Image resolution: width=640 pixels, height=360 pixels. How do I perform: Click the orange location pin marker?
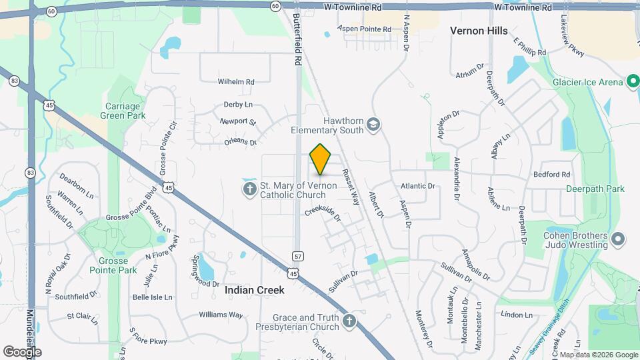pos(321,159)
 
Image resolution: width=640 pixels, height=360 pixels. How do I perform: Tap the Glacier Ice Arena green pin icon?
pos(634,82)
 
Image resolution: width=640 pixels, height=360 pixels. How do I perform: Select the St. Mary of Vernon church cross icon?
pos(250,190)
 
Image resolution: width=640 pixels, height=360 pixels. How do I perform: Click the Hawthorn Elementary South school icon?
pos(373,125)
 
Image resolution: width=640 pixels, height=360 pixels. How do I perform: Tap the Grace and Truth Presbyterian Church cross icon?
pos(349,323)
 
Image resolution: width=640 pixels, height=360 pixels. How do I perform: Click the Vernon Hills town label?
pos(479,31)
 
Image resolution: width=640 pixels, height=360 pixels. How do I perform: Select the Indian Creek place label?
pos(255,290)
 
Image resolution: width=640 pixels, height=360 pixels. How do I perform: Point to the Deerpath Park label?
pos(595,189)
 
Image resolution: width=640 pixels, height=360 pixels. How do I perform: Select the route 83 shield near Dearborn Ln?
pos(30,173)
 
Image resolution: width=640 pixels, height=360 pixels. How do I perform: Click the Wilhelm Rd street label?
pos(236,82)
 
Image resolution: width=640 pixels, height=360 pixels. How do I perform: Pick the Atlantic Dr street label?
pos(418,186)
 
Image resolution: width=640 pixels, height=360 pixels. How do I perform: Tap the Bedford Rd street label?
pos(552,175)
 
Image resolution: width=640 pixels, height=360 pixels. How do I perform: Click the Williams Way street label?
pos(221,315)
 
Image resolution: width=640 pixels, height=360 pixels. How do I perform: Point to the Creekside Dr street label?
pos(323,213)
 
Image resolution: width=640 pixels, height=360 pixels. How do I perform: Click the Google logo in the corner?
pos(22,352)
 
